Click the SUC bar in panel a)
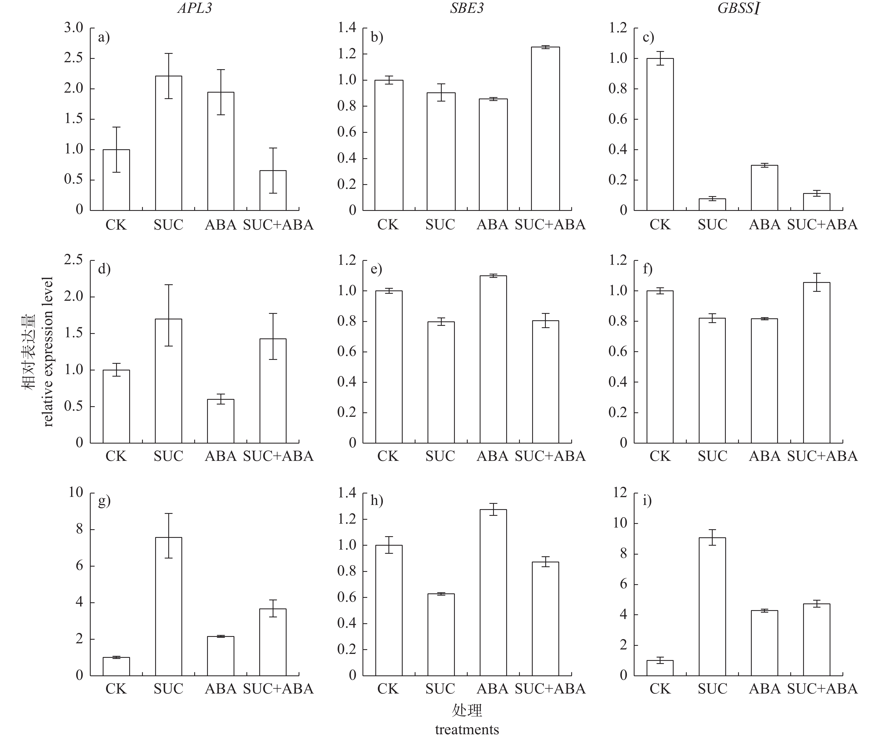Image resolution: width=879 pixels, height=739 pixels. point(169,143)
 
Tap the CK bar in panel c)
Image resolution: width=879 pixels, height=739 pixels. point(660,134)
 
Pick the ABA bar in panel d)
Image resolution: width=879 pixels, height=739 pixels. point(221,421)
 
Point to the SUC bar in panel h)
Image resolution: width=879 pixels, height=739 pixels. point(441,634)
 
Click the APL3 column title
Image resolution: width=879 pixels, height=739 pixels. point(195,8)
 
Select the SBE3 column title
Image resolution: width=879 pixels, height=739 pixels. point(467,8)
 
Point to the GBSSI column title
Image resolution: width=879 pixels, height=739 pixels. point(739,8)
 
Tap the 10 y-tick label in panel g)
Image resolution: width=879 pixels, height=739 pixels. point(76,492)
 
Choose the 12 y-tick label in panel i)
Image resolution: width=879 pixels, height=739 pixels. point(620,493)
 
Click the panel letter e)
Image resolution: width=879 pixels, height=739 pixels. point(376,269)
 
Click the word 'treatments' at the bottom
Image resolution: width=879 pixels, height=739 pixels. point(467,730)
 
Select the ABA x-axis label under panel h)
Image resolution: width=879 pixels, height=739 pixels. point(493,689)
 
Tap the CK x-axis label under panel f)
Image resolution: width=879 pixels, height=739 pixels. point(660,456)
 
